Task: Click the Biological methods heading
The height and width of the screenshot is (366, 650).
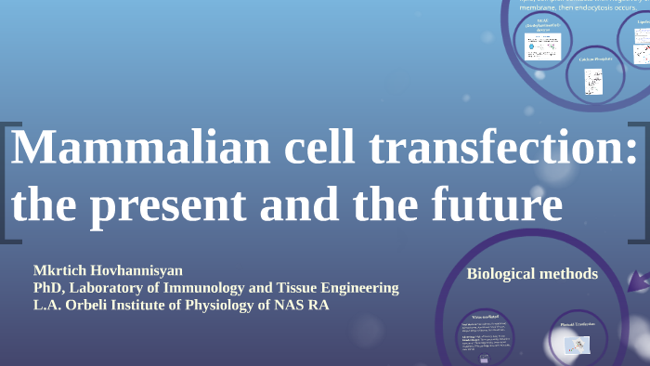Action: click(x=531, y=274)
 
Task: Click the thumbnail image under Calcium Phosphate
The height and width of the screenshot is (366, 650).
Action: click(x=592, y=83)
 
